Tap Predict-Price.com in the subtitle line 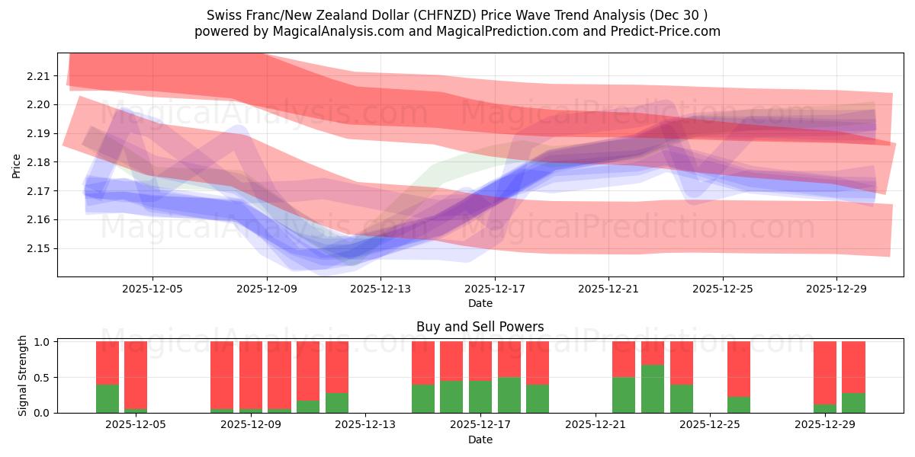(671, 31)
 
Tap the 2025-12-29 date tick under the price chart (836, 289)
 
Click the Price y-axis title (17, 165)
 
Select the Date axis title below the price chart (480, 303)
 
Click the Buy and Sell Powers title (480, 327)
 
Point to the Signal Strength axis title (23, 376)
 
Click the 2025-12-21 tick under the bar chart (595, 425)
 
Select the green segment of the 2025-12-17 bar (480, 397)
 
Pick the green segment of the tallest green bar (652, 389)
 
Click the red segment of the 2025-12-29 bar (825, 372)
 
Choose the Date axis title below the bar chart (480, 439)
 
